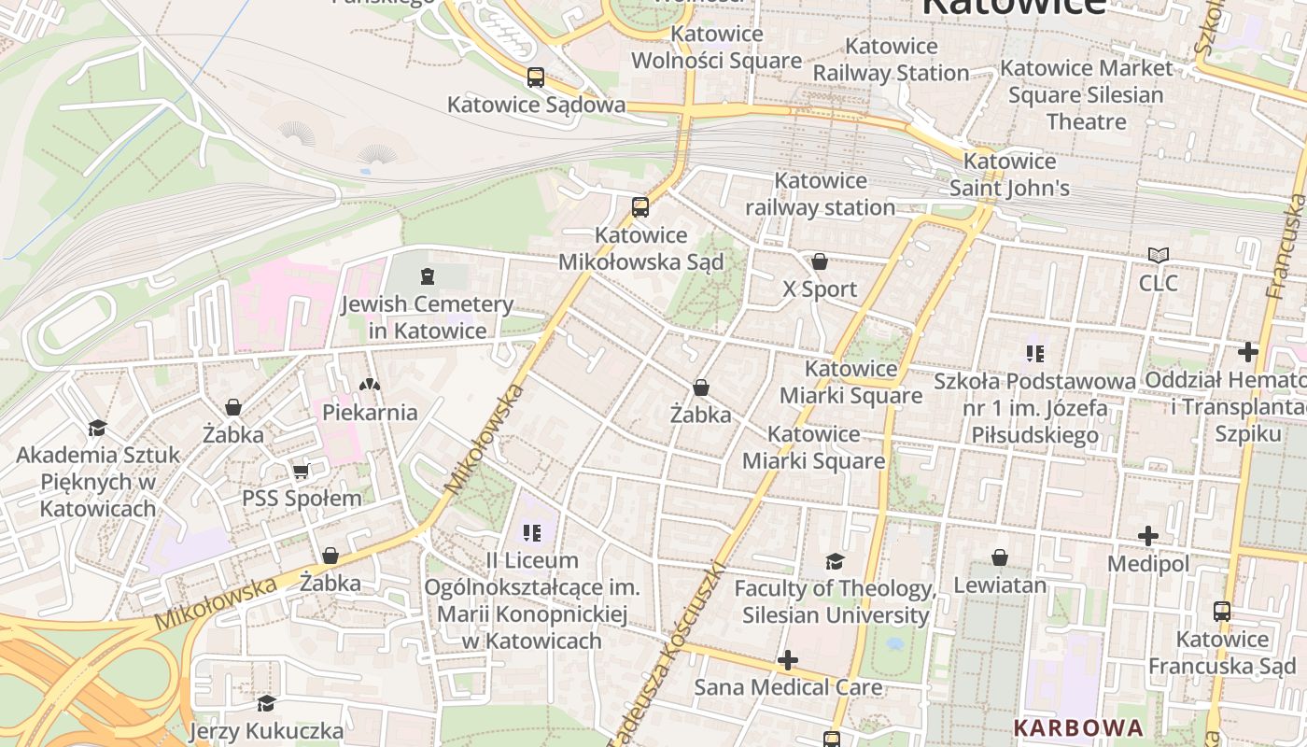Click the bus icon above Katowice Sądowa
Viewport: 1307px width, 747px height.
coord(535,78)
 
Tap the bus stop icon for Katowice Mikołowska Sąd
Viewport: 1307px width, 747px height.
coord(639,207)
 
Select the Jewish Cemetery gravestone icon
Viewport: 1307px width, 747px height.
coord(428,276)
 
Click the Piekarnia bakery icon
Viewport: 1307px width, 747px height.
coord(370,385)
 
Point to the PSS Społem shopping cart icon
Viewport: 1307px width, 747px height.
coord(301,472)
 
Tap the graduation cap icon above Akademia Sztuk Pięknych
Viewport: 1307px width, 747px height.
coord(97,429)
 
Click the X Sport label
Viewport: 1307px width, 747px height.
coord(819,289)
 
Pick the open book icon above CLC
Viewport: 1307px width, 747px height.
coord(1158,256)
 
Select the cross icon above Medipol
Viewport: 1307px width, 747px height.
coord(1148,537)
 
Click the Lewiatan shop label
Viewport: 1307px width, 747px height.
coord(999,585)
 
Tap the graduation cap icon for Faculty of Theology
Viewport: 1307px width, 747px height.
coord(835,561)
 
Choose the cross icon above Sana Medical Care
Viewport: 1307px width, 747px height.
coord(788,661)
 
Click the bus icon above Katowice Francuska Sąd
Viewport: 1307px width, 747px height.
coord(1221,613)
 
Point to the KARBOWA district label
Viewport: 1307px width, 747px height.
coord(1078,727)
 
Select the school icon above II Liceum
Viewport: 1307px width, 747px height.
coord(532,533)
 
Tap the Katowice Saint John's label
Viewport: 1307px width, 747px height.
coord(1009,175)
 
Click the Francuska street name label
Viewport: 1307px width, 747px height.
coord(1286,247)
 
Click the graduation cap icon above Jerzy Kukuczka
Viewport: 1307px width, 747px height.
coord(266,703)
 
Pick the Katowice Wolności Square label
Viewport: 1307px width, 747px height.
coord(717,48)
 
